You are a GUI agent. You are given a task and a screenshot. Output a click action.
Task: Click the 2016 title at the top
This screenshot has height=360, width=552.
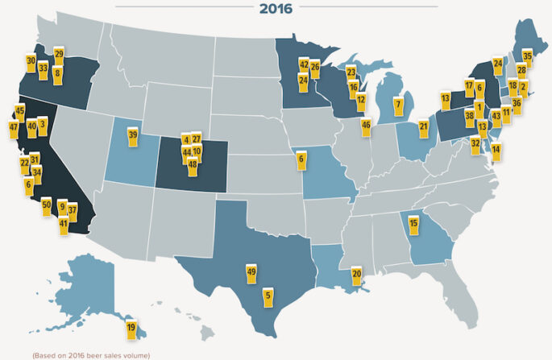276,9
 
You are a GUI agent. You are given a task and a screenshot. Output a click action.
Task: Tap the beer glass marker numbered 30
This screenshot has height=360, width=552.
31,60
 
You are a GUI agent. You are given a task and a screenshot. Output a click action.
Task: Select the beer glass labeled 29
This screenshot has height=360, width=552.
59,54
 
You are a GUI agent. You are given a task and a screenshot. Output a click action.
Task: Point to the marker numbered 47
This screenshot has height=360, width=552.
14,127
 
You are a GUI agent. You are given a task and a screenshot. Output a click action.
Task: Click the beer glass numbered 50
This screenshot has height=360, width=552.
46,204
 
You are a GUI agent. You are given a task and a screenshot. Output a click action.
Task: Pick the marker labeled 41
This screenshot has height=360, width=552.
63,223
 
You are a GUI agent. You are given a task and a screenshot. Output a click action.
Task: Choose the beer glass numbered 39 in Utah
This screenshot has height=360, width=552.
133,134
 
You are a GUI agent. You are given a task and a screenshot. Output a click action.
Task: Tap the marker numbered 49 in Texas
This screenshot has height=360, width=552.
251,272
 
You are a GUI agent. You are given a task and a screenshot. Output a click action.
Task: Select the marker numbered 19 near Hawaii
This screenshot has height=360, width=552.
131,328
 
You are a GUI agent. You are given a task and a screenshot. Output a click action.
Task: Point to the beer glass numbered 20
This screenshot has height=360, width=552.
356,274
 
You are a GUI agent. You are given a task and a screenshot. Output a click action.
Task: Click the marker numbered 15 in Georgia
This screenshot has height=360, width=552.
413,223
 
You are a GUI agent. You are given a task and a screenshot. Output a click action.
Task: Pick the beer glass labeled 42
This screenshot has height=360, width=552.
304,64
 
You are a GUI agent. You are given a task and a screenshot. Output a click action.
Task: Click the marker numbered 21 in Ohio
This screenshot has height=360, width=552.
424,126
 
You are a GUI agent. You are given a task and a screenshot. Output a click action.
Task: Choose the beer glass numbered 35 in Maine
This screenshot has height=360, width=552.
527,56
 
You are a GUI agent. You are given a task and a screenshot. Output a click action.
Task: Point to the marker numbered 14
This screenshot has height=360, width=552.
496,149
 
